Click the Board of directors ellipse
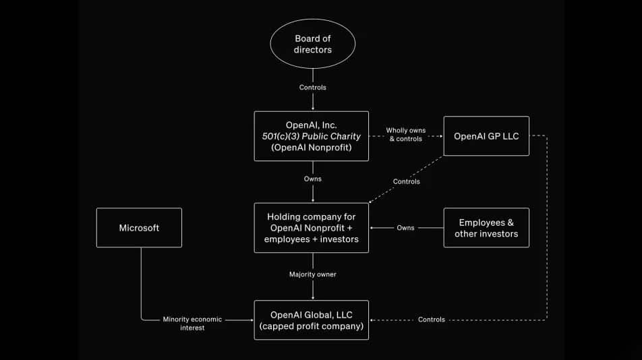pyautogui.click(x=313, y=44)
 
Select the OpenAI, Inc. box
pyautogui.click(x=311, y=136)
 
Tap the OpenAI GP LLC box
pyautogui.click(x=486, y=136)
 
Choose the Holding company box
pyautogui.click(x=311, y=229)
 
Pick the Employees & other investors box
pyautogui.click(x=486, y=228)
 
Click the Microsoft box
pyautogui.click(x=139, y=228)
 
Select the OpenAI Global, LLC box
pyautogui.click(x=311, y=320)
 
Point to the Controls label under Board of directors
pyautogui.click(x=312, y=88)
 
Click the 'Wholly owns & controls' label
pyautogui.click(x=405, y=135)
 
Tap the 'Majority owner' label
pyautogui.click(x=312, y=274)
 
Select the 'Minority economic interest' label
pyautogui.click(x=183, y=324)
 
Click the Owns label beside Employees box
pyautogui.click(x=405, y=228)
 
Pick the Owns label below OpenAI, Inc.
pyautogui.click(x=312, y=179)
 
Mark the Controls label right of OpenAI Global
pyautogui.click(x=432, y=320)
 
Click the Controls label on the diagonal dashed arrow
pyautogui.click(x=406, y=181)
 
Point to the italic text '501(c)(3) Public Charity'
pyautogui.click(x=311, y=136)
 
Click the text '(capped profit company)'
pyautogui.click(x=311, y=327)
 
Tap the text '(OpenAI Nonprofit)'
pyautogui.click(x=311, y=148)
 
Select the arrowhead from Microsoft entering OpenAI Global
pyautogui.click(x=250, y=320)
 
